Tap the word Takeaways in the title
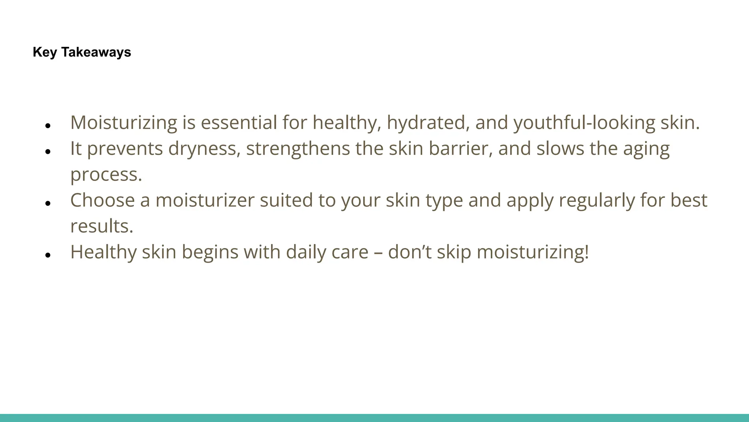[96, 52]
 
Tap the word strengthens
[298, 149]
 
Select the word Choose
[102, 200]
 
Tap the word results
[102, 226]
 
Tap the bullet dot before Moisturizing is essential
[48, 126]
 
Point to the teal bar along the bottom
[374, 418]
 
